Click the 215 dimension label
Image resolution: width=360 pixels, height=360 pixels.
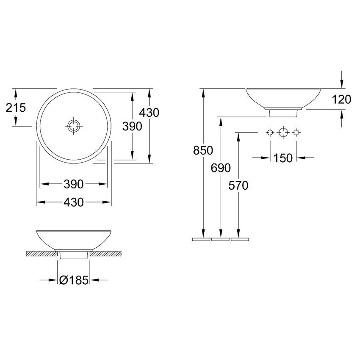click(x=16, y=108)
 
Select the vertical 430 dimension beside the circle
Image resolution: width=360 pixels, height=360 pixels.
click(x=149, y=113)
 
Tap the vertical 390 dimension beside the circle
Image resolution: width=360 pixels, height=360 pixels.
click(x=132, y=126)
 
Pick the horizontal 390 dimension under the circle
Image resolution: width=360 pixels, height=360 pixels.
click(x=73, y=184)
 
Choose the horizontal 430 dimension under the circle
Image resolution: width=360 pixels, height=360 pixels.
click(x=73, y=202)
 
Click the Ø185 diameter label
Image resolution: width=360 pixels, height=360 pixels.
click(x=74, y=280)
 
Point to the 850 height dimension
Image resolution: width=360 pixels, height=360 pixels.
click(x=203, y=151)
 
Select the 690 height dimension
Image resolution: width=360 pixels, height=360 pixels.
click(x=221, y=168)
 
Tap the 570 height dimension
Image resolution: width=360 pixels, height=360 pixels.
click(x=238, y=186)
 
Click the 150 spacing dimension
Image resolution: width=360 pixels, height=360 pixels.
click(x=283, y=158)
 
